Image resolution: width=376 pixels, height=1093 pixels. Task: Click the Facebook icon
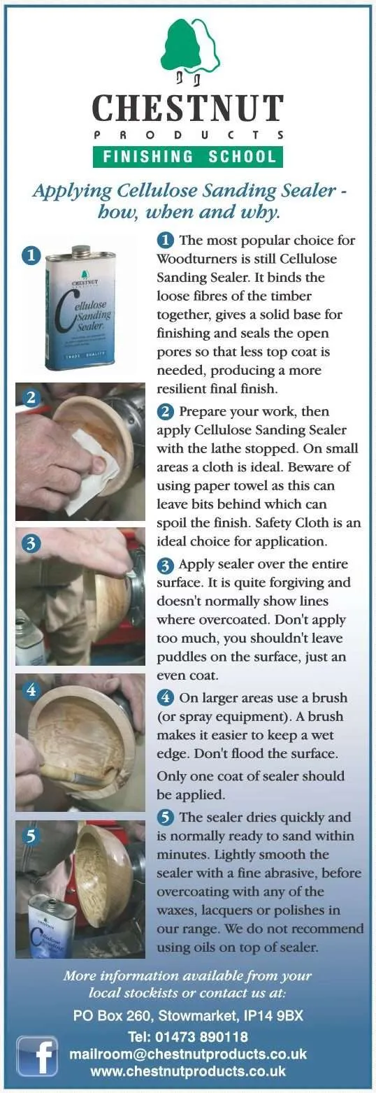pyautogui.click(x=37, y=1055)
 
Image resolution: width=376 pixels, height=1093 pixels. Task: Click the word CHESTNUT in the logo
pyautogui.click(x=188, y=108)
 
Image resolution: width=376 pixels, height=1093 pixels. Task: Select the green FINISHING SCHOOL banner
pyautogui.click(x=188, y=156)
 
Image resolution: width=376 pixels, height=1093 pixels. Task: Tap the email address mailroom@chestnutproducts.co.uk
pyautogui.click(x=188, y=1054)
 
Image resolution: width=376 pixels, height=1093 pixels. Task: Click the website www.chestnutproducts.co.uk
pyautogui.click(x=188, y=1071)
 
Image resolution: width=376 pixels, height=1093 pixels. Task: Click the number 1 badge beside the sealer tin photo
pyautogui.click(x=31, y=256)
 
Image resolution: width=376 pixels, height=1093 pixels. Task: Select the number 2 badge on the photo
pyautogui.click(x=31, y=398)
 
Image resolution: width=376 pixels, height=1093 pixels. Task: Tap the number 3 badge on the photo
pyautogui.click(x=31, y=543)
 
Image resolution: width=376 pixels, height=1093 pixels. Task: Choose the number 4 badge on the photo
pyautogui.click(x=31, y=690)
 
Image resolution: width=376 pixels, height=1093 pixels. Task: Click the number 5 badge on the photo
pyautogui.click(x=31, y=836)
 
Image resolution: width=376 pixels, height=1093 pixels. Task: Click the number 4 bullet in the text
pyautogui.click(x=166, y=696)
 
